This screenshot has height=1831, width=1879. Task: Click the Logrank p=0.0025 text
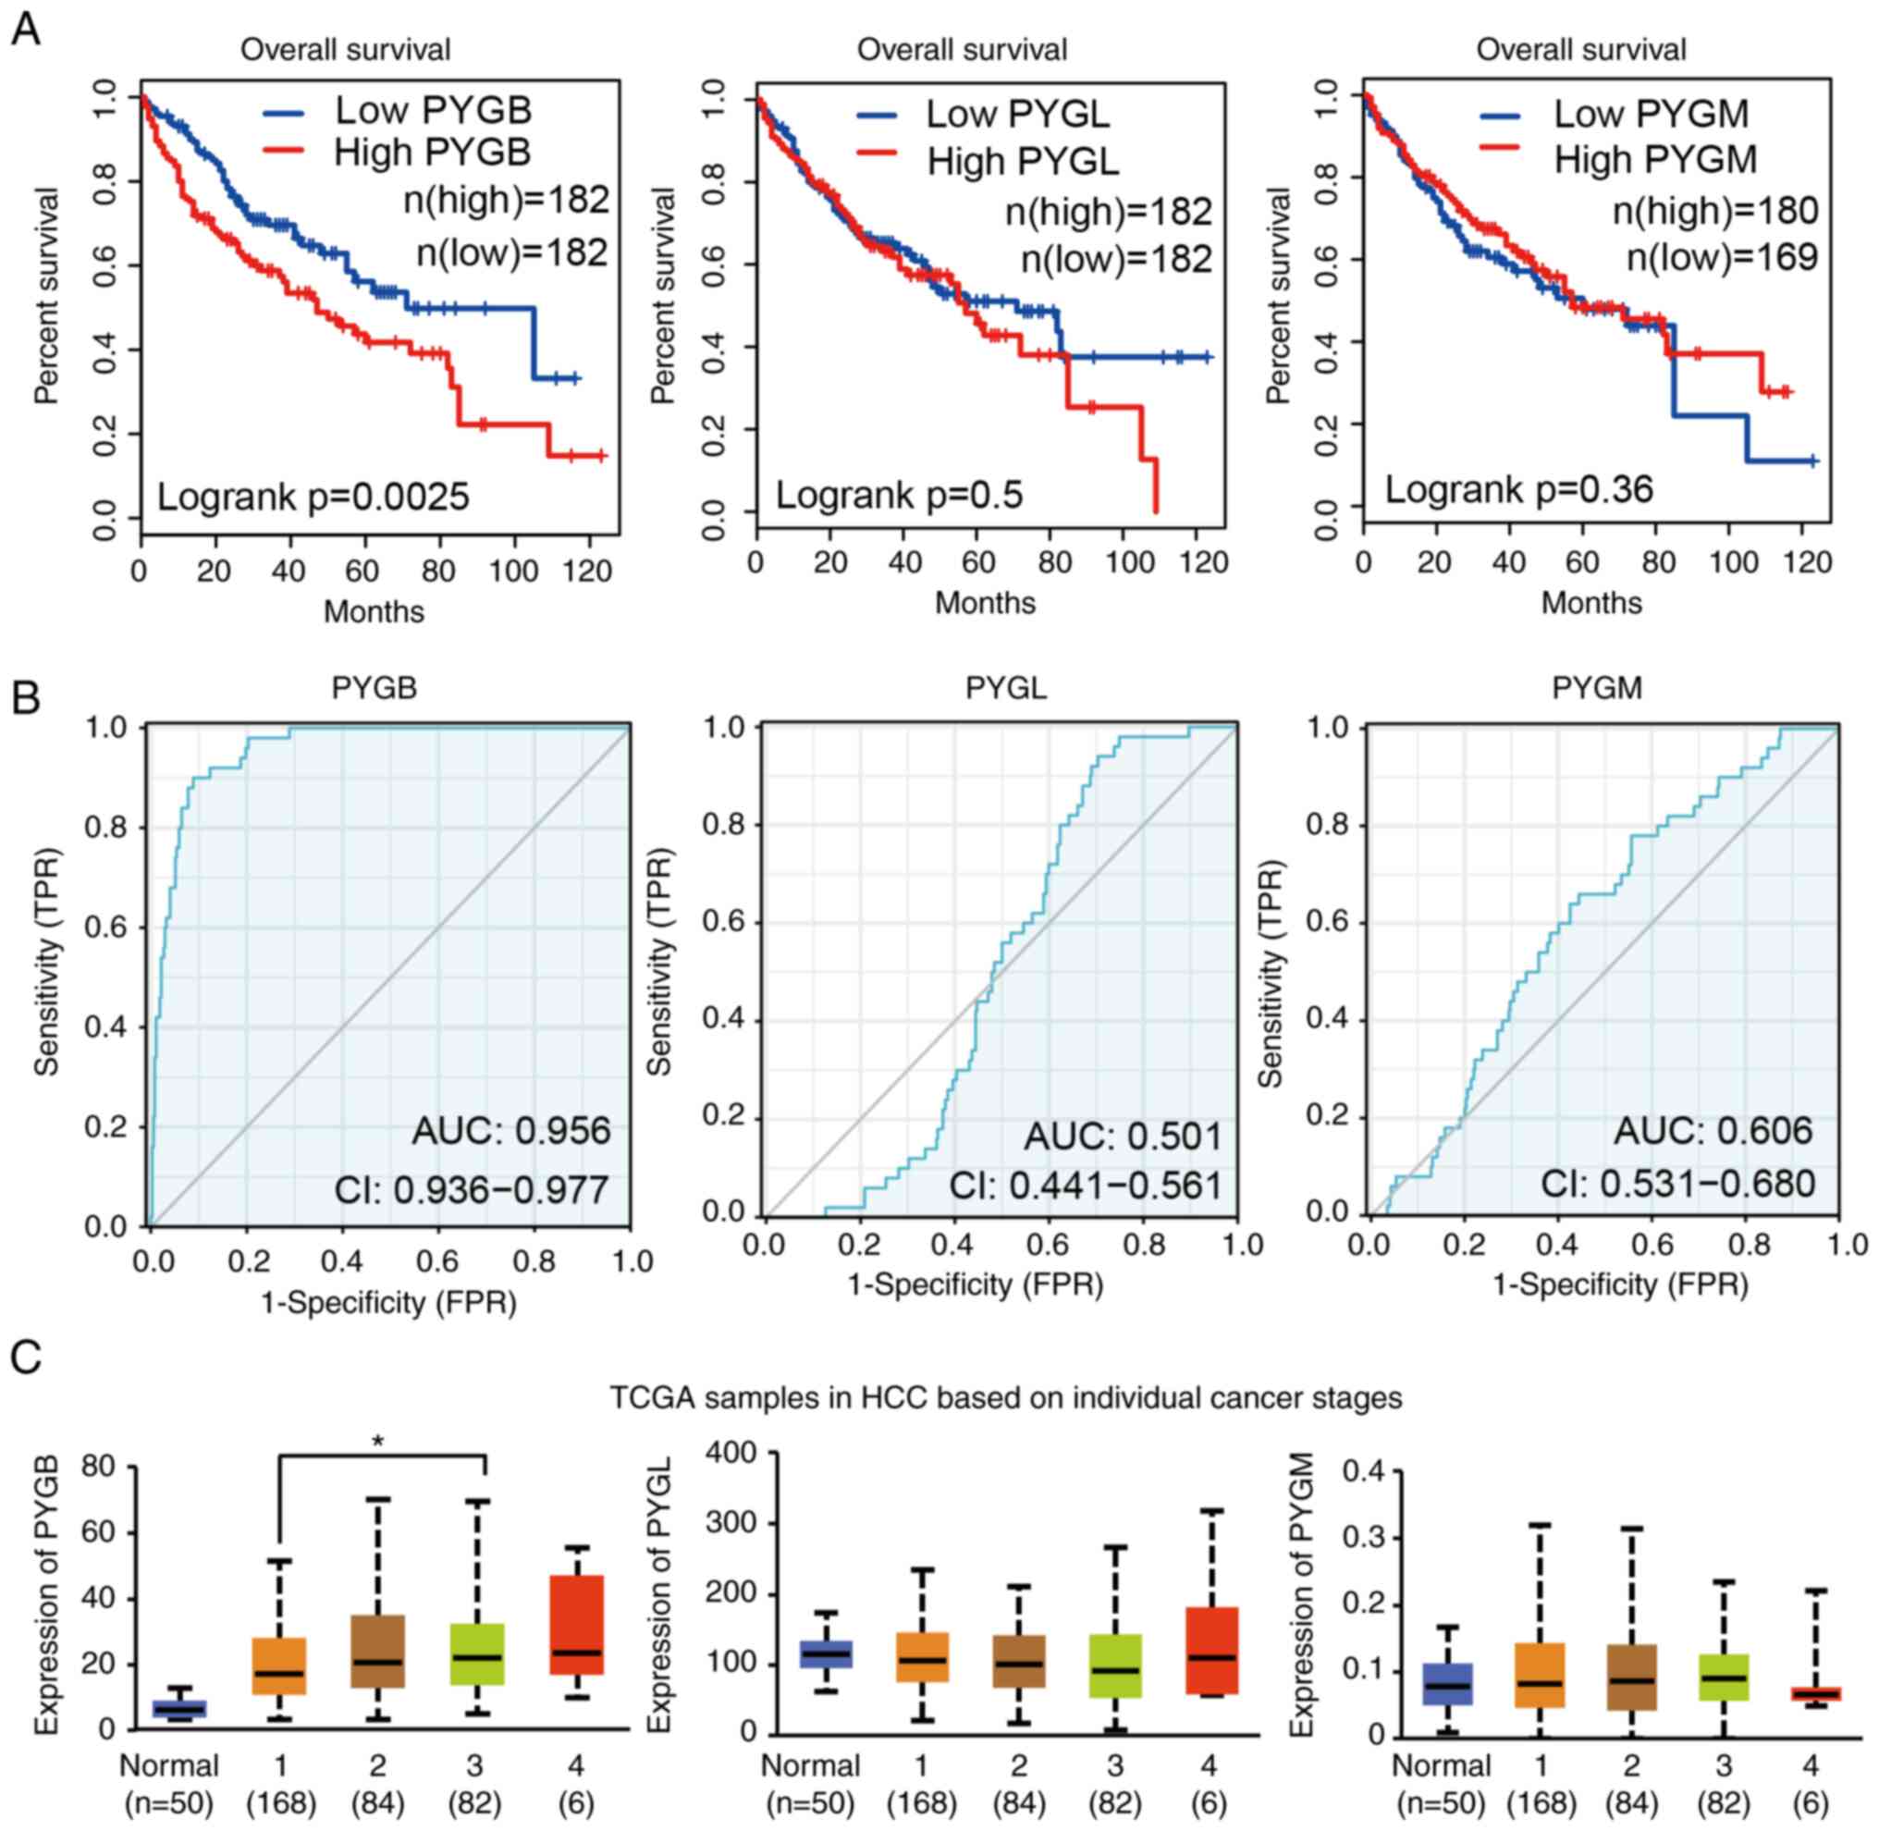pos(313,498)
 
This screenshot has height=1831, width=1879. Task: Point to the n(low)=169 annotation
pos(1722,257)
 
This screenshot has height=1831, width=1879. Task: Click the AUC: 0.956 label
pos(511,1131)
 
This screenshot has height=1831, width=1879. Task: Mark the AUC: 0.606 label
pos(1713,1131)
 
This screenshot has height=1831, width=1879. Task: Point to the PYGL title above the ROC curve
pos(1006,689)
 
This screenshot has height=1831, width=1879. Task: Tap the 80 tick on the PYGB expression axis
pos(98,1468)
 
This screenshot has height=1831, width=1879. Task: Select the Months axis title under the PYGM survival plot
pos(1591,603)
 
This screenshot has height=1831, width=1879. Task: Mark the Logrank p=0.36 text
pos(1518,489)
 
